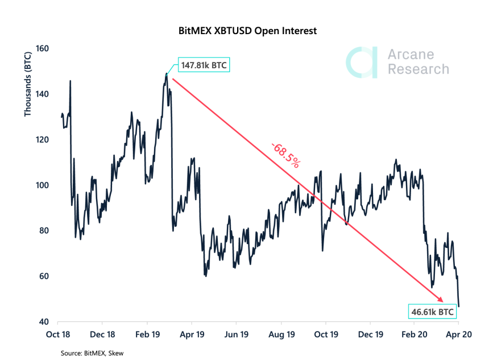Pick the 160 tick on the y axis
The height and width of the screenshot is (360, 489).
pos(43,49)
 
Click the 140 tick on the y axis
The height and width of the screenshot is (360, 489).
pos(43,94)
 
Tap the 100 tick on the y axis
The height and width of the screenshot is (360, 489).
pos(43,185)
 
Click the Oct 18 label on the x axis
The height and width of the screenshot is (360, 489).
pos(59,335)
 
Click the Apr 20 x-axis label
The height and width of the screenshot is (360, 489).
pos(458,335)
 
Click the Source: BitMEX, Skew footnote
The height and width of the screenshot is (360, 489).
pos(92,353)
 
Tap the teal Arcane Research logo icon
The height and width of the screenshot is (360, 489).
pos(362,62)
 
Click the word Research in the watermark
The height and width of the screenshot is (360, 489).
pos(418,69)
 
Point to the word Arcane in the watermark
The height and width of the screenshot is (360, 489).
pos(410,55)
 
